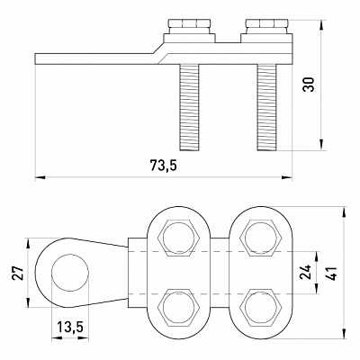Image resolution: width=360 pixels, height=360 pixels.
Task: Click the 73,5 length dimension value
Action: click(164, 166)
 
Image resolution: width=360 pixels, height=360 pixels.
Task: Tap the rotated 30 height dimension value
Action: click(309, 85)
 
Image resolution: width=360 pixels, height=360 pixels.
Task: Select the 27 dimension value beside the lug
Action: click(18, 273)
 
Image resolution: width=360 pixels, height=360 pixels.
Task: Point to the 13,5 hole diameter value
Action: click(70, 327)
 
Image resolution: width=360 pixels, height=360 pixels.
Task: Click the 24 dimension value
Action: click(306, 272)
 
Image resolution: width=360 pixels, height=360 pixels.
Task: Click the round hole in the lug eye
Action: click(70, 273)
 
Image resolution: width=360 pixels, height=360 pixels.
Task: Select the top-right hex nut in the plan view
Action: click(260, 237)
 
